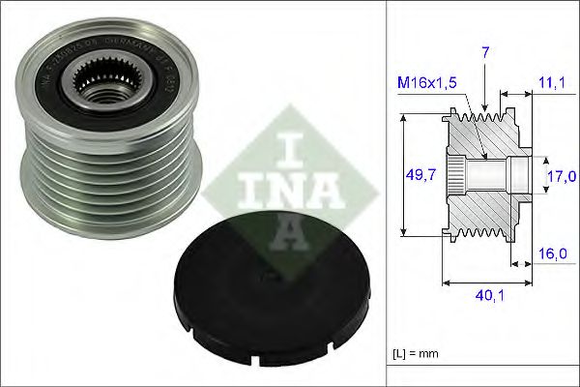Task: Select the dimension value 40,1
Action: (x=487, y=300)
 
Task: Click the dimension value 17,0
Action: (x=561, y=175)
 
